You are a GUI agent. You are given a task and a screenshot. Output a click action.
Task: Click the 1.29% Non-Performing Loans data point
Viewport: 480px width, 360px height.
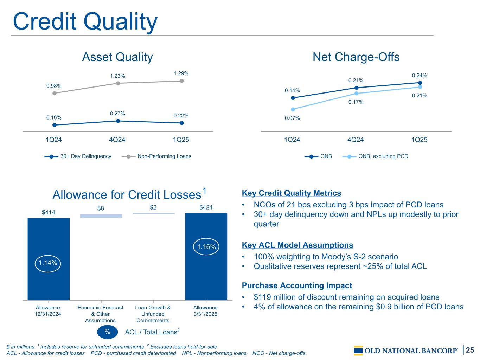[x=181, y=81]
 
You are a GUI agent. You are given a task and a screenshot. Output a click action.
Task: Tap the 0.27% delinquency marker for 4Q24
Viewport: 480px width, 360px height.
[x=118, y=121]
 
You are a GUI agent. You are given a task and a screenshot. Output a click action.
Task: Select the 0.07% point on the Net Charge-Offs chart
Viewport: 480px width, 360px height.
[x=293, y=109]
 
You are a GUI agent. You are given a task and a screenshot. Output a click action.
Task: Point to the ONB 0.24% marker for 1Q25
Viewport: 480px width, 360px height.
[x=420, y=83]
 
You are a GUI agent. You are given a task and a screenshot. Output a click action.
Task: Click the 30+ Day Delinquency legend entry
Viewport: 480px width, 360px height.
[x=78, y=156]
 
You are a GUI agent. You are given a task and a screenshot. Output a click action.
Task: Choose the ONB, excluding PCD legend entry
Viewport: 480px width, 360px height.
[x=375, y=156]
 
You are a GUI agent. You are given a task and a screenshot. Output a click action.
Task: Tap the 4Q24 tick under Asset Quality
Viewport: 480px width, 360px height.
[x=117, y=140]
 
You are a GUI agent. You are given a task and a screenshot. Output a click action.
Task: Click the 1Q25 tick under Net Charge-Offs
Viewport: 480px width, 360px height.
[x=419, y=140]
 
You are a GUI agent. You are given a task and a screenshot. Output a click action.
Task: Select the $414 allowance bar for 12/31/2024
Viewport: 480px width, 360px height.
[x=49, y=259]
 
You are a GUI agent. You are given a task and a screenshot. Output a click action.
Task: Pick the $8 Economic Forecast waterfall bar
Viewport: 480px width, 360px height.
[x=101, y=216]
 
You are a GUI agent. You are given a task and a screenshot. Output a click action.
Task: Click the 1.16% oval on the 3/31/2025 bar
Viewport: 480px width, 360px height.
[x=206, y=247]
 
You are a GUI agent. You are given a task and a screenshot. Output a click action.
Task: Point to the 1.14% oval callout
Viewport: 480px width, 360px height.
[x=48, y=264]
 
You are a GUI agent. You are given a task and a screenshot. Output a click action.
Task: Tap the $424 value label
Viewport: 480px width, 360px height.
[x=206, y=207]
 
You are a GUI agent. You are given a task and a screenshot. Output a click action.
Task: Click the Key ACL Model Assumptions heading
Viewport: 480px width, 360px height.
[x=297, y=245]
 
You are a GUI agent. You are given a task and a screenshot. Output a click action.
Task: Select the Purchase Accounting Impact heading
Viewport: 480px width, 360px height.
[x=297, y=285]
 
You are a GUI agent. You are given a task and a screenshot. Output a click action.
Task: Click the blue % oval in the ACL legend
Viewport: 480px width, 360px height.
[x=107, y=332]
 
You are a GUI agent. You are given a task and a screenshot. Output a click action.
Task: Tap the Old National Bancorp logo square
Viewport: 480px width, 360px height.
[x=358, y=351]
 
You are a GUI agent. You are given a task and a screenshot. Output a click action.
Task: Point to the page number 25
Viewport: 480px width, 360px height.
[x=470, y=350]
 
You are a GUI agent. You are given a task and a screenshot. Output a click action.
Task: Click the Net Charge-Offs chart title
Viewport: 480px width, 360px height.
[x=356, y=57]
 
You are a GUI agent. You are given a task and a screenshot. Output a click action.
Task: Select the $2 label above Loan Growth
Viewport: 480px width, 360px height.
[x=153, y=207]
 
